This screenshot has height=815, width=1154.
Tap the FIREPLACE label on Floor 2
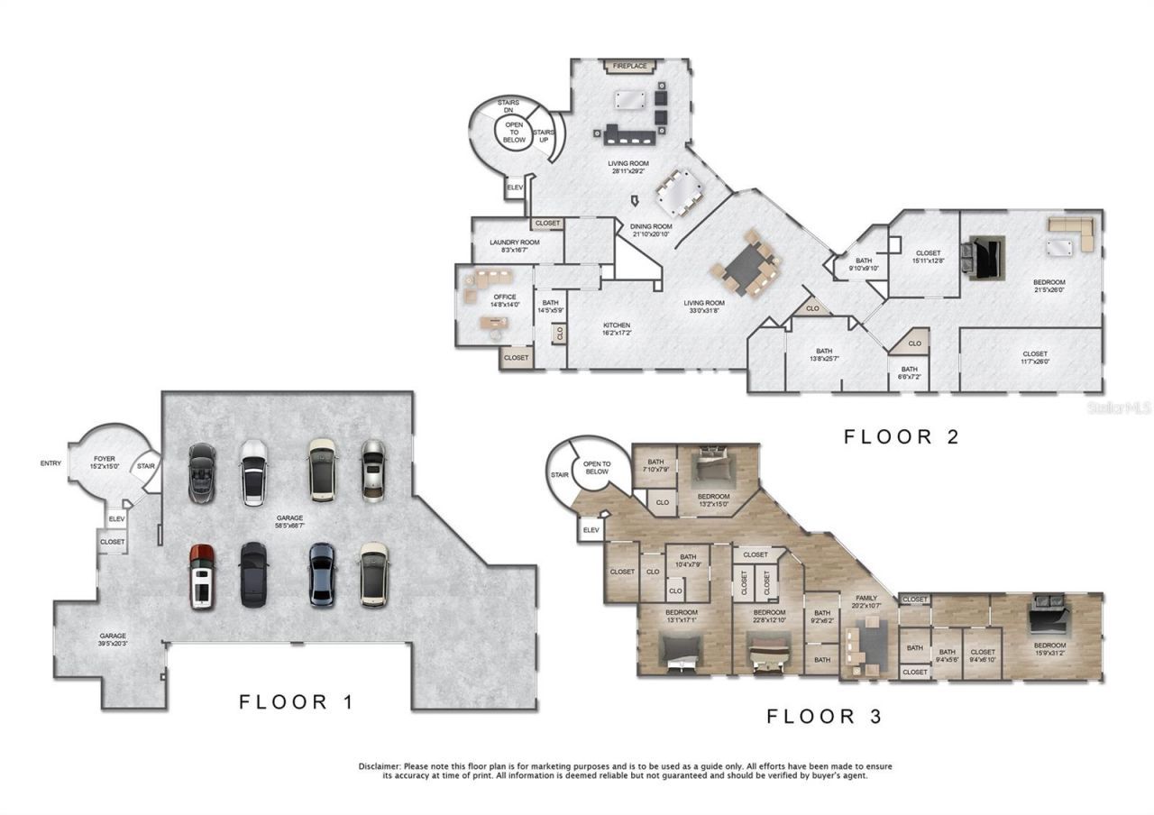pyautogui.click(x=630, y=66)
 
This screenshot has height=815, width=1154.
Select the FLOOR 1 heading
pyautogui.click(x=297, y=702)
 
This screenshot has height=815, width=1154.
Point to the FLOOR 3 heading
pyautogui.click(x=824, y=717)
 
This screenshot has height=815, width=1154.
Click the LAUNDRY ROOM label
pyautogui.click(x=514, y=243)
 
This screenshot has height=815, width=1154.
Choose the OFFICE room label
pyautogui.click(x=505, y=297)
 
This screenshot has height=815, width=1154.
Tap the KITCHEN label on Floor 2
pyautogui.click(x=617, y=325)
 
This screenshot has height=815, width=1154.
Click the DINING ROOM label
pyautogui.click(x=651, y=226)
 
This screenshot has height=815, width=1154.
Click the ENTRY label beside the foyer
pyautogui.click(x=51, y=463)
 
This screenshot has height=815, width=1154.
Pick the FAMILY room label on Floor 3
pyautogui.click(x=854, y=598)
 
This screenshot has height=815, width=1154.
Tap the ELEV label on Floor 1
pyautogui.click(x=116, y=519)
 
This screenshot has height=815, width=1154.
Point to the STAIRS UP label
pyautogui.click(x=543, y=136)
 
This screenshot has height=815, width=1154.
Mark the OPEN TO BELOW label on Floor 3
pyautogui.click(x=597, y=468)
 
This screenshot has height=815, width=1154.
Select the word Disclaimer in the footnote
pyautogui.click(x=382, y=766)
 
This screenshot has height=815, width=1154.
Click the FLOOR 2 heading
pyautogui.click(x=901, y=437)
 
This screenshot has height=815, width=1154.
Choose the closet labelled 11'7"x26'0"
pyautogui.click(x=1034, y=358)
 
